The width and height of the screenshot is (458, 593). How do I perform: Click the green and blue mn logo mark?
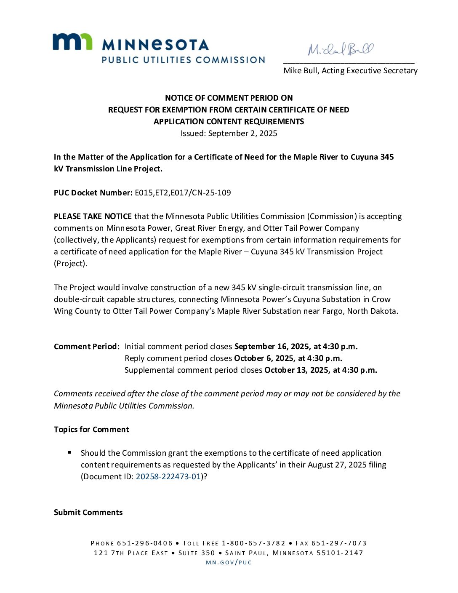(72, 42)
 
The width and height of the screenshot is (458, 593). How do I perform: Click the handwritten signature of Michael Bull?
(341, 49)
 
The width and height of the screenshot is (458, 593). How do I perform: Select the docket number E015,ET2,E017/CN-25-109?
(183, 193)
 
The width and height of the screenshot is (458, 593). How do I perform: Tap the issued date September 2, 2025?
(242, 134)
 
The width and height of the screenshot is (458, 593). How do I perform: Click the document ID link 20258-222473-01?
(168, 477)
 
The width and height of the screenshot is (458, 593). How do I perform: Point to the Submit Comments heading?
(88, 513)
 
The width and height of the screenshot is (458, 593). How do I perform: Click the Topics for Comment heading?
(91, 430)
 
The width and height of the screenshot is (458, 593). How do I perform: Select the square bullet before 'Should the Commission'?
(69, 453)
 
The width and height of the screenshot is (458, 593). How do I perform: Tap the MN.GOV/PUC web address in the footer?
(229, 563)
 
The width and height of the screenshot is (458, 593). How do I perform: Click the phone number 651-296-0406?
(145, 543)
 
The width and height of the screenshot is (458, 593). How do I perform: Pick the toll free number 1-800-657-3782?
(253, 543)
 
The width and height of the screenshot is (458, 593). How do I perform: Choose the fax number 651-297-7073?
(339, 543)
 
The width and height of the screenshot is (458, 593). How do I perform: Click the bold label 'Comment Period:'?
(87, 347)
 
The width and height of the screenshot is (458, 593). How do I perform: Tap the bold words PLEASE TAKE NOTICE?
(93, 216)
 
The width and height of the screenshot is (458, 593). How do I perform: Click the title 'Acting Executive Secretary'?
(370, 71)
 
